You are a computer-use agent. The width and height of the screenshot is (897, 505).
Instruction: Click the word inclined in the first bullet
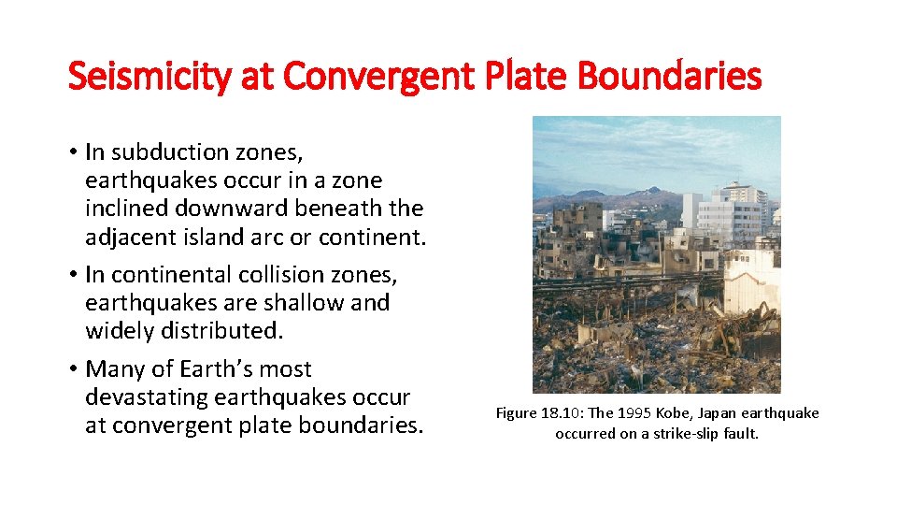tap(124, 209)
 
